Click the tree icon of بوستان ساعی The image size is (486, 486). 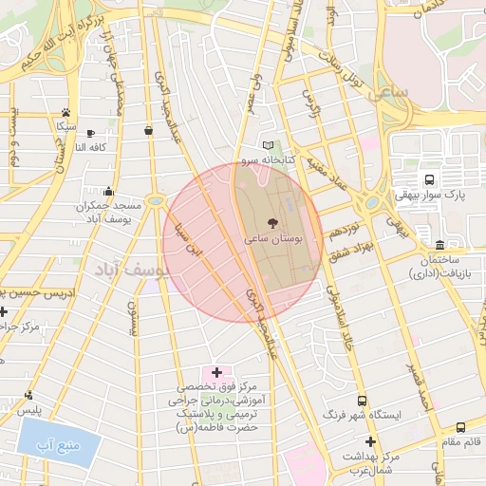(x=273, y=223)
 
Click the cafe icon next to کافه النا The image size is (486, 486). (x=90, y=133)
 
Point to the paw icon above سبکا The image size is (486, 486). (x=65, y=111)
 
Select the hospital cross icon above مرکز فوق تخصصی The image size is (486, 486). (x=216, y=371)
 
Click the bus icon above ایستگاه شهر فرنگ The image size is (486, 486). (x=361, y=401)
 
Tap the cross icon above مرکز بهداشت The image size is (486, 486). (x=370, y=441)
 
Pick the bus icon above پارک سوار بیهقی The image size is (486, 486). (x=429, y=179)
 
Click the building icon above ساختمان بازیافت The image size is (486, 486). (x=439, y=244)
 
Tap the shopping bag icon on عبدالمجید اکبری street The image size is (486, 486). (x=148, y=130)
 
